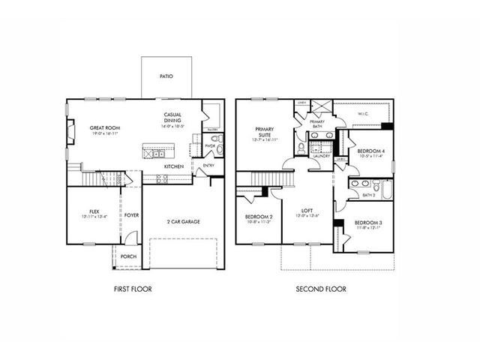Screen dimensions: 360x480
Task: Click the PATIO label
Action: point(167,76)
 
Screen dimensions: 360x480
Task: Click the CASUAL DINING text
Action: point(173,118)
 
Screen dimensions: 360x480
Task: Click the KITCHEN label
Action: point(175,166)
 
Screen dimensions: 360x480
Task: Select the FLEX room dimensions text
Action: point(94,217)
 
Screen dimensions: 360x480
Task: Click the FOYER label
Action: point(131,215)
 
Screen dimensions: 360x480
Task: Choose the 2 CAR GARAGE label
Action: point(183,221)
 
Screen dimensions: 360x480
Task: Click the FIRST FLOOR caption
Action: point(133,288)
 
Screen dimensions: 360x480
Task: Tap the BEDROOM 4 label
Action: point(370,151)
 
